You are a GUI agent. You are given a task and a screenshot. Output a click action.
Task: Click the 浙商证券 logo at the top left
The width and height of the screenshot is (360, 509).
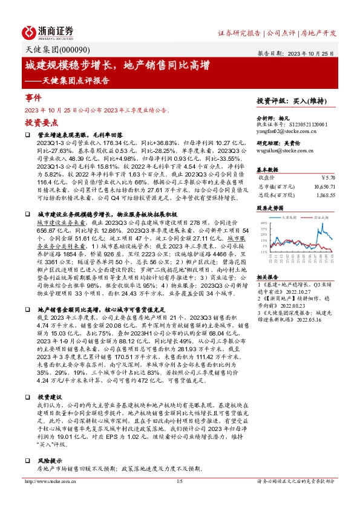pyautogui.click(x=48, y=31)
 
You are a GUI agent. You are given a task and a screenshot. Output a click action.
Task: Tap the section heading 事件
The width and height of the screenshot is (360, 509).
pyautogui.click(x=33, y=97)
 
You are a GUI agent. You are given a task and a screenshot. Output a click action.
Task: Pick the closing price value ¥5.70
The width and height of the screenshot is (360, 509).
pyautogui.click(x=327, y=178)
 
